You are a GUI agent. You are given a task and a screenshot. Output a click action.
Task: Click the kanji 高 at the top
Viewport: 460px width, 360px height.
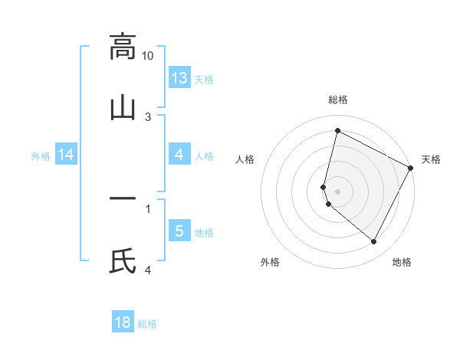click(x=123, y=47)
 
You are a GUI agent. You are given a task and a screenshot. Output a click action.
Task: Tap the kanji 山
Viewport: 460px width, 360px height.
click(x=123, y=107)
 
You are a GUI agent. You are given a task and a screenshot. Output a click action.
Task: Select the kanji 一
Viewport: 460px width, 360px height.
click(x=123, y=199)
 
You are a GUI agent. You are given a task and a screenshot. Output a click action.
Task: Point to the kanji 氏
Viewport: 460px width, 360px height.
click(x=123, y=260)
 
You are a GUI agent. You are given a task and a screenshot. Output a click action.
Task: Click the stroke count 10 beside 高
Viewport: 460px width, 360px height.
click(x=148, y=56)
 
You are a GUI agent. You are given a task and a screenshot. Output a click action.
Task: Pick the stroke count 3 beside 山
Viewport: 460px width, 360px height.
click(x=148, y=116)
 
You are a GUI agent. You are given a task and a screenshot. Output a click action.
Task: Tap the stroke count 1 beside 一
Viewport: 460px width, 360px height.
click(x=148, y=208)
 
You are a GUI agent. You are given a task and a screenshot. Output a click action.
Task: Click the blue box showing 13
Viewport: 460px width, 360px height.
click(x=179, y=77)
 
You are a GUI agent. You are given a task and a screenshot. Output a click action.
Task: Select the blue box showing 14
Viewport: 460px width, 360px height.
click(x=66, y=155)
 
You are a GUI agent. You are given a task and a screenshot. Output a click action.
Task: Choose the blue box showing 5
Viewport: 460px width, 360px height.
click(x=179, y=231)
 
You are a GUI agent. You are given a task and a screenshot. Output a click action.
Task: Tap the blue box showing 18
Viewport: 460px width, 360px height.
click(x=123, y=322)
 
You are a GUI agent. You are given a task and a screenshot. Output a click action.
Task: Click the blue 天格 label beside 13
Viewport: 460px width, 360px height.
click(x=204, y=80)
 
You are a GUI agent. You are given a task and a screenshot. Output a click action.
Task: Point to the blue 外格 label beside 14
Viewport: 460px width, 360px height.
click(x=41, y=156)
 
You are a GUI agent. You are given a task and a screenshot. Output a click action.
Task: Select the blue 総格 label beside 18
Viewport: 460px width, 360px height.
click(x=147, y=325)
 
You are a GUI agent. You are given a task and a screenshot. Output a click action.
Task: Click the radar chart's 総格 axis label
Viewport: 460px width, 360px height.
click(x=338, y=100)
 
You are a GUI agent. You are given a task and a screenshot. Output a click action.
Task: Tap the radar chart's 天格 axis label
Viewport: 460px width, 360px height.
click(x=431, y=159)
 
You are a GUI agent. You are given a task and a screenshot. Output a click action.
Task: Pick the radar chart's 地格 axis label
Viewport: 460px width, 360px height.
click(x=402, y=262)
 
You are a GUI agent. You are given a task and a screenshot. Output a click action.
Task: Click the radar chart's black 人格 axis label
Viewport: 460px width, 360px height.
click(x=245, y=159)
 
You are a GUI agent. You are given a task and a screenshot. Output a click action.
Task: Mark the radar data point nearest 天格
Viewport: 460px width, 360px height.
click(x=411, y=168)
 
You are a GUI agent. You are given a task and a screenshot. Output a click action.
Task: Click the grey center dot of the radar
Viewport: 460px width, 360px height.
click(x=338, y=191)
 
